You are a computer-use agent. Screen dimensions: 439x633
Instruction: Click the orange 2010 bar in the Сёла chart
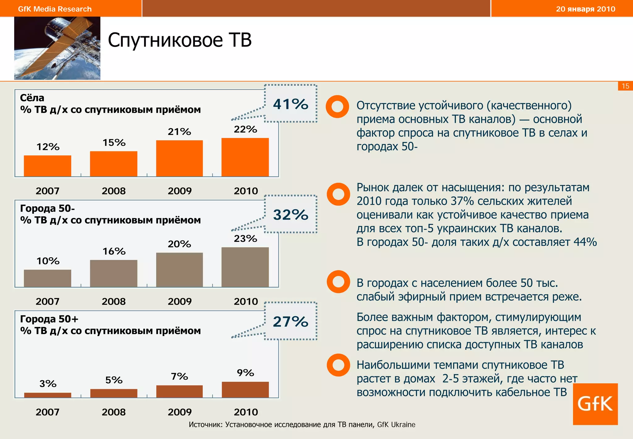[245, 157]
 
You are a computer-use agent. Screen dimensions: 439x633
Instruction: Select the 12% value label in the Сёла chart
[48, 147]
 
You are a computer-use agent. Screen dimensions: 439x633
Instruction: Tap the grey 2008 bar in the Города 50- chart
[113, 273]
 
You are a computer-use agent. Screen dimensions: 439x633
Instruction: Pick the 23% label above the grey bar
[245, 239]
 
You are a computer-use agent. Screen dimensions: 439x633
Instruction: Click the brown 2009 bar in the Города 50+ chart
[179, 391]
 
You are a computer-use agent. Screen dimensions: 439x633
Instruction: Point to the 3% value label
[48, 384]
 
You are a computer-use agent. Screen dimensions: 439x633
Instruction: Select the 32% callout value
[291, 215]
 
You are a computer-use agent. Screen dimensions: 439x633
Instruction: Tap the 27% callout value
[291, 322]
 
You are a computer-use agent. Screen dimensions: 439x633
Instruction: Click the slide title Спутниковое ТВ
[180, 40]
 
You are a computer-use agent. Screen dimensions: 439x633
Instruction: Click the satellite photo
[57, 48]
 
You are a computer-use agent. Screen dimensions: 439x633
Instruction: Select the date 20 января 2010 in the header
[585, 9]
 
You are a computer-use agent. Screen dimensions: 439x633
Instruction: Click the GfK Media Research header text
[55, 9]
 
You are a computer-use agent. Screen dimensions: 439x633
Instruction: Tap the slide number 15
[625, 86]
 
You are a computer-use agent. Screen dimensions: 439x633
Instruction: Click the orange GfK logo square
[595, 404]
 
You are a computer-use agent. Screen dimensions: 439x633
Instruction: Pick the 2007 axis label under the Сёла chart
[47, 191]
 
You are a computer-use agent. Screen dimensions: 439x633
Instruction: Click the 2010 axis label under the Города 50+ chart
[246, 412]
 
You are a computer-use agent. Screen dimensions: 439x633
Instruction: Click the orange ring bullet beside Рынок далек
[338, 194]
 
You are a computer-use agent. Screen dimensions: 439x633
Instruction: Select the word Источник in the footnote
[205, 424]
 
